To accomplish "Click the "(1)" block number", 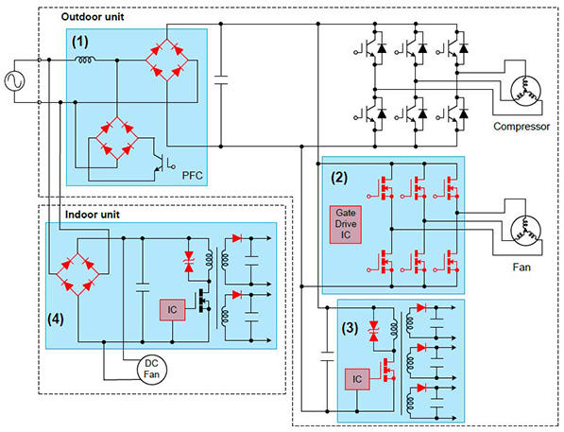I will coord(80,42).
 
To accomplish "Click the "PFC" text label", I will coord(193,173).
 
